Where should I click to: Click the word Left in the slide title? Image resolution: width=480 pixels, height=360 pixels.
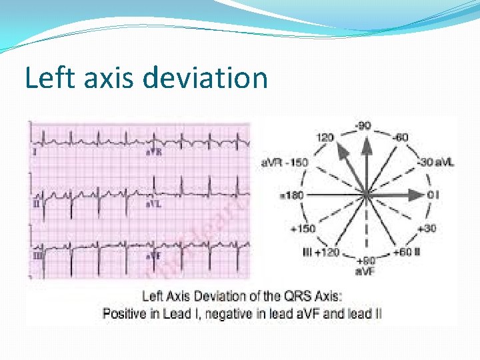47,78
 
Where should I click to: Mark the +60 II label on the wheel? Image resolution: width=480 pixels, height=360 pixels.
407,252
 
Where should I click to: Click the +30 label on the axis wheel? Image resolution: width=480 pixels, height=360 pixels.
427,229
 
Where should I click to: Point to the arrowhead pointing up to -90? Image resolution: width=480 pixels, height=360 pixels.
365,143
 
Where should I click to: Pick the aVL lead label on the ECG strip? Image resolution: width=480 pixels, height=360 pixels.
154,203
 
